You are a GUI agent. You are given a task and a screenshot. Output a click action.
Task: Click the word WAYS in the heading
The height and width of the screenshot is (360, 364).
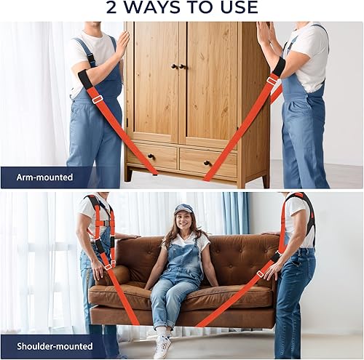(156, 8)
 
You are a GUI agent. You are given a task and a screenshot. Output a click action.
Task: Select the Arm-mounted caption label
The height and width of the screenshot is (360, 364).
(46, 177)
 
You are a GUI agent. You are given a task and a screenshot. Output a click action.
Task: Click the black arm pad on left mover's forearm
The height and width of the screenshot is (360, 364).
(85, 79)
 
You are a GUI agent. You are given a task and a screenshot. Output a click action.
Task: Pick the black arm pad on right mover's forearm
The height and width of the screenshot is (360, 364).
(277, 68)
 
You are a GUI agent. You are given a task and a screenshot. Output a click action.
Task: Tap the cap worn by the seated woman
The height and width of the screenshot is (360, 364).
(183, 209)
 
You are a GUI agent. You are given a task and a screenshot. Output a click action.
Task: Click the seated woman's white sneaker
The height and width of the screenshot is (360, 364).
(162, 347)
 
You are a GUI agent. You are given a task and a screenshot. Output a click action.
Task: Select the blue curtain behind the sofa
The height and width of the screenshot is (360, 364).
(235, 212)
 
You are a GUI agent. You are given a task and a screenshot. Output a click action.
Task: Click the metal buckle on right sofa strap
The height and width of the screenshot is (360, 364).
(260, 274)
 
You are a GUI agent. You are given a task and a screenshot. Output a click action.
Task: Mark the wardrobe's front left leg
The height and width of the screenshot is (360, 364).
(129, 175)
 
